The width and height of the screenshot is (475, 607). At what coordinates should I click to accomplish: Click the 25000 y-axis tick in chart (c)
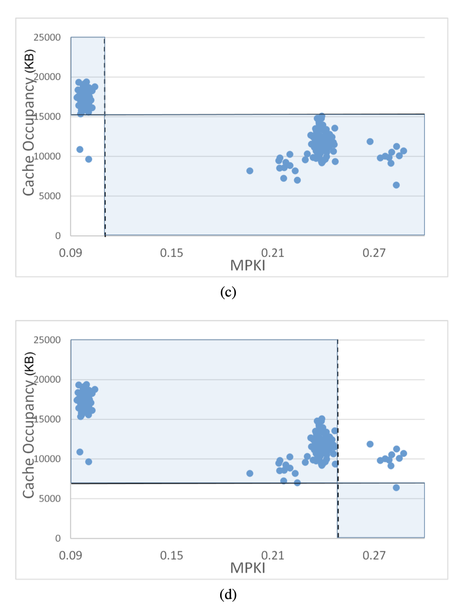click(x=47, y=37)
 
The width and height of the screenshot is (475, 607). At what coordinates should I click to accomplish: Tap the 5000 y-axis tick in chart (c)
click(x=50, y=196)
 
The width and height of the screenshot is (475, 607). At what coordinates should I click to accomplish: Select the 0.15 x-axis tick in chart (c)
click(x=171, y=253)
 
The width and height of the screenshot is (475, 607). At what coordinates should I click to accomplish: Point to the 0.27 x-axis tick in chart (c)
click(x=374, y=253)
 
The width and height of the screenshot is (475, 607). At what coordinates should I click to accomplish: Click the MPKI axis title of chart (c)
click(x=248, y=266)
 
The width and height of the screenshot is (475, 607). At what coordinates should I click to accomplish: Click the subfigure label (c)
click(x=228, y=292)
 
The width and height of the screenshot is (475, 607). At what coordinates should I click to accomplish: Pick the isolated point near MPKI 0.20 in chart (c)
click(x=250, y=171)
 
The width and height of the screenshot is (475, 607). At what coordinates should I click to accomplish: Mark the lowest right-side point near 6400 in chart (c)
click(x=396, y=185)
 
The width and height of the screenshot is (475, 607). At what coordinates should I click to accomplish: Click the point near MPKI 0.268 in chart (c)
click(x=370, y=141)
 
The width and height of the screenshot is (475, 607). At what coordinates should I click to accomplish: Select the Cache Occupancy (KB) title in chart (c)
click(x=29, y=122)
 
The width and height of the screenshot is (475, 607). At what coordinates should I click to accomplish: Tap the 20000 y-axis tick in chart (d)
click(x=47, y=379)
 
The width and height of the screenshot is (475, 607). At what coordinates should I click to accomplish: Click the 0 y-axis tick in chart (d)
click(x=58, y=538)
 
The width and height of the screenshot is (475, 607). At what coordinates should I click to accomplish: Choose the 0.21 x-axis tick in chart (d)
click(x=273, y=556)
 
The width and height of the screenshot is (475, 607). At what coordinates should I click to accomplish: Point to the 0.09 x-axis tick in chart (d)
click(x=70, y=556)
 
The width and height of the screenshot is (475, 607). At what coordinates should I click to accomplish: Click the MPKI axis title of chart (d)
click(x=248, y=568)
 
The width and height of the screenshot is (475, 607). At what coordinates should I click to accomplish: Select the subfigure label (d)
click(x=228, y=594)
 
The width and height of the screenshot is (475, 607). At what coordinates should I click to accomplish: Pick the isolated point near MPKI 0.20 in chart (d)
click(x=250, y=473)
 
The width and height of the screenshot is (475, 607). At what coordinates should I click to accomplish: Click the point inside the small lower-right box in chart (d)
click(x=396, y=487)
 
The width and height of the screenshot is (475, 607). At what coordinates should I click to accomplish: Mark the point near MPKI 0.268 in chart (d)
click(x=370, y=444)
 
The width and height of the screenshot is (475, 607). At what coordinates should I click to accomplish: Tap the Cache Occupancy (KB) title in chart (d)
click(x=29, y=425)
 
